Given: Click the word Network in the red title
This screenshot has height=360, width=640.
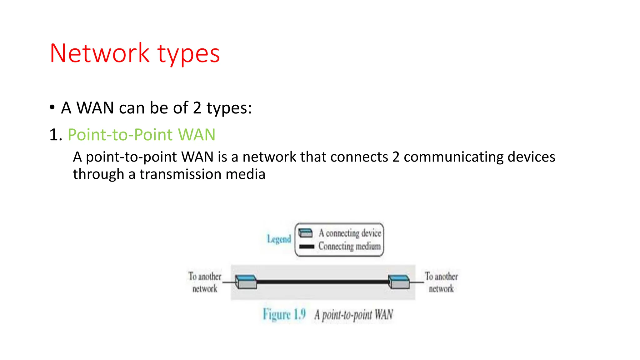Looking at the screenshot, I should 99,53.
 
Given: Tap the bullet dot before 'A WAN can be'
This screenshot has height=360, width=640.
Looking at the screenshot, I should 52,107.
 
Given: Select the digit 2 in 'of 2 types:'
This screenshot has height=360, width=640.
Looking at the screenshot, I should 197,108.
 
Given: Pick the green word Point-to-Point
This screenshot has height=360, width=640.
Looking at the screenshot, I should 120,135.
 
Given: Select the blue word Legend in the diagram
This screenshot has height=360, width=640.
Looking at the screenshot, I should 279,239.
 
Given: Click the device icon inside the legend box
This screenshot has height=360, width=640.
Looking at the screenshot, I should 305,233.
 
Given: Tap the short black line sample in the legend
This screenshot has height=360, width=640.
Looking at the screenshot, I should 307,247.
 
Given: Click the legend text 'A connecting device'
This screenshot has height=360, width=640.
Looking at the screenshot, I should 350,233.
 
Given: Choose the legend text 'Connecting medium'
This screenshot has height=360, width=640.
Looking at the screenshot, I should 349,246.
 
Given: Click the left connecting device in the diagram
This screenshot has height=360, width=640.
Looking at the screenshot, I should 246,282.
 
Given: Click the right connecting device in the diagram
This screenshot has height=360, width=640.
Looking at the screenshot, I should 399,282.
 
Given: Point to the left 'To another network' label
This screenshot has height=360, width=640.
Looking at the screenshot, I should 205,282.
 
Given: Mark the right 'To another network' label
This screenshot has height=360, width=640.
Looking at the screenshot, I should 441,282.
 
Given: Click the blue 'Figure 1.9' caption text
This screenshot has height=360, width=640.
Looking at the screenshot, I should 284,314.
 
